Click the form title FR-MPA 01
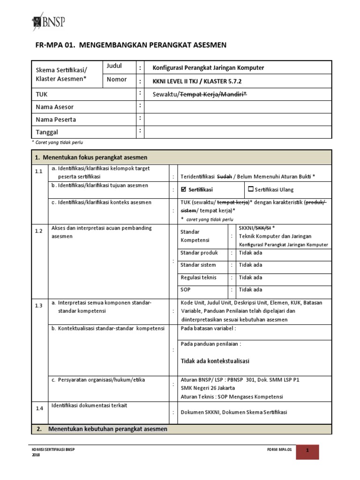[131, 45]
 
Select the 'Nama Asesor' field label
[55, 107]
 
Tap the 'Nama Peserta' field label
[56, 120]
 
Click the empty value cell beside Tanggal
[238, 132]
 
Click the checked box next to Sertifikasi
[184, 189]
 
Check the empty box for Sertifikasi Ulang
[250, 189]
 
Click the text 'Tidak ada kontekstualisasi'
[215, 361]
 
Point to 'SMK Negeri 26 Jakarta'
[208, 388]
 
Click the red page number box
[307, 451]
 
